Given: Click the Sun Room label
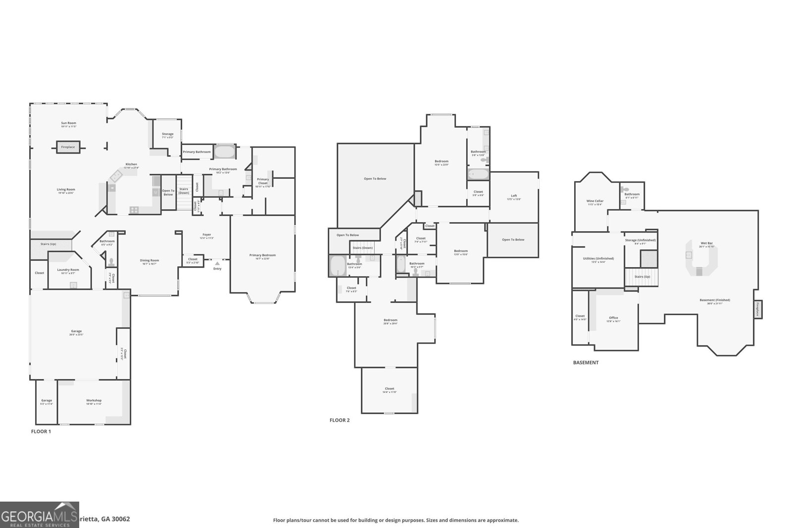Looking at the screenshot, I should point(68,123).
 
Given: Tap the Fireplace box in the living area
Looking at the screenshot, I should point(68,147).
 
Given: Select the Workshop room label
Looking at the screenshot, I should point(94,401).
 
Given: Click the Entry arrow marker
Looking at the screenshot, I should point(217,263).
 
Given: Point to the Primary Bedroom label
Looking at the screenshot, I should point(262,255).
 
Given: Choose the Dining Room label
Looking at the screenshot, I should point(149,261).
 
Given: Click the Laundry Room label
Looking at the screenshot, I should point(68,270).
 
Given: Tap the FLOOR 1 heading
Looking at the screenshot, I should point(41,432).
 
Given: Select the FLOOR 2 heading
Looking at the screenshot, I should point(340,420).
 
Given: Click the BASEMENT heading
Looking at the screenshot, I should point(586,363).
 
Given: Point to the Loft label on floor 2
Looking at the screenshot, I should point(514,196).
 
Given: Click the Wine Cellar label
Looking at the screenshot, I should point(594,201).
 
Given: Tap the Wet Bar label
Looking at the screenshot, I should point(706,243).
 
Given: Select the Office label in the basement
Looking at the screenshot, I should point(613,318).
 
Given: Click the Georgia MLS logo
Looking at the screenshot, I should point(39,515).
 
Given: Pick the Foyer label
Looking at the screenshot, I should point(206,235).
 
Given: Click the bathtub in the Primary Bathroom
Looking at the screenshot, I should point(225,151).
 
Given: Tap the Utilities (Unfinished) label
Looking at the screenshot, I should point(598,259).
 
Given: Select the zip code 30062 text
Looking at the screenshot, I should point(121,519).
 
